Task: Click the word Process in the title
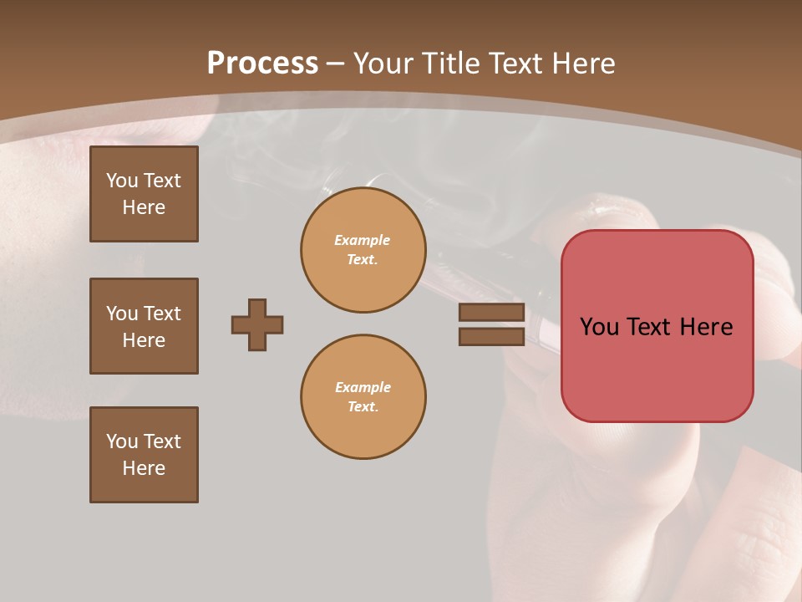[x=262, y=64]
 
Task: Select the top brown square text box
[x=144, y=194]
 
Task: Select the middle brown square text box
[x=144, y=326]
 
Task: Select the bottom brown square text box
[x=144, y=455]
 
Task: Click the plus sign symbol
[x=257, y=324]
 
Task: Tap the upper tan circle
[x=363, y=250]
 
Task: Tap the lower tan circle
[x=363, y=396]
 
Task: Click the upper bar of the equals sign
[x=491, y=313]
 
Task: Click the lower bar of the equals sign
[x=491, y=336]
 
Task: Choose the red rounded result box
[x=657, y=326]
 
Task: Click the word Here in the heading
[x=582, y=64]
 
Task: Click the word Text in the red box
[x=652, y=327]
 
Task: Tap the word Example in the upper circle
[x=363, y=240]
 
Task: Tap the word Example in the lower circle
[x=363, y=387]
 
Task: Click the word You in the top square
[x=122, y=181]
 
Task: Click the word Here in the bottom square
[x=144, y=468]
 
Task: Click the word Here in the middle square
[x=144, y=340]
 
